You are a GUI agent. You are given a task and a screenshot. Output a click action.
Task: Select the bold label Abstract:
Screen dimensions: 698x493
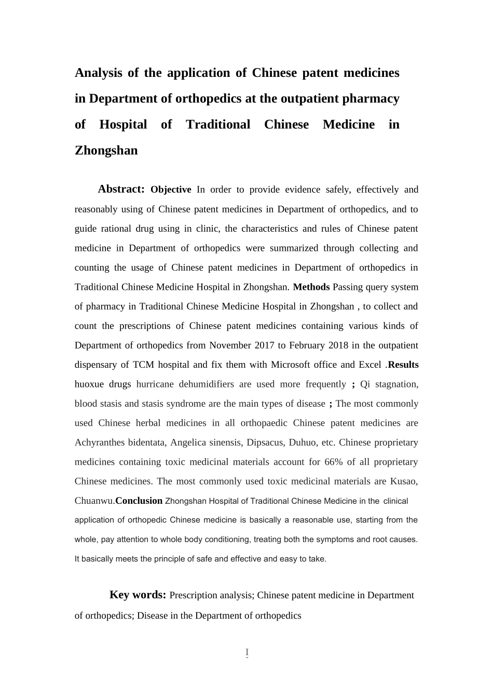click(x=121, y=189)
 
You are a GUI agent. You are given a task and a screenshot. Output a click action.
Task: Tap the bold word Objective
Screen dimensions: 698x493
click(x=171, y=190)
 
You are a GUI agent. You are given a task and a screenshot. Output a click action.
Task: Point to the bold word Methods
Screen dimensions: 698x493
click(x=311, y=287)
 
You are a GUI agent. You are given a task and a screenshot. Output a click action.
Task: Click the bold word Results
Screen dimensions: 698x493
click(x=403, y=365)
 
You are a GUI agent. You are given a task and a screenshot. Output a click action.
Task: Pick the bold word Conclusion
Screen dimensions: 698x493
click(x=139, y=501)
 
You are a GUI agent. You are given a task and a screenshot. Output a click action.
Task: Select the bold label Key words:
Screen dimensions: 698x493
click(x=138, y=595)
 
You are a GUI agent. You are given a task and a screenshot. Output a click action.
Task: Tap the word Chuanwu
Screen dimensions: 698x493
click(x=93, y=501)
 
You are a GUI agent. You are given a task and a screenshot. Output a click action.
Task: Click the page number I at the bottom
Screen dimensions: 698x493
click(x=247, y=652)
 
